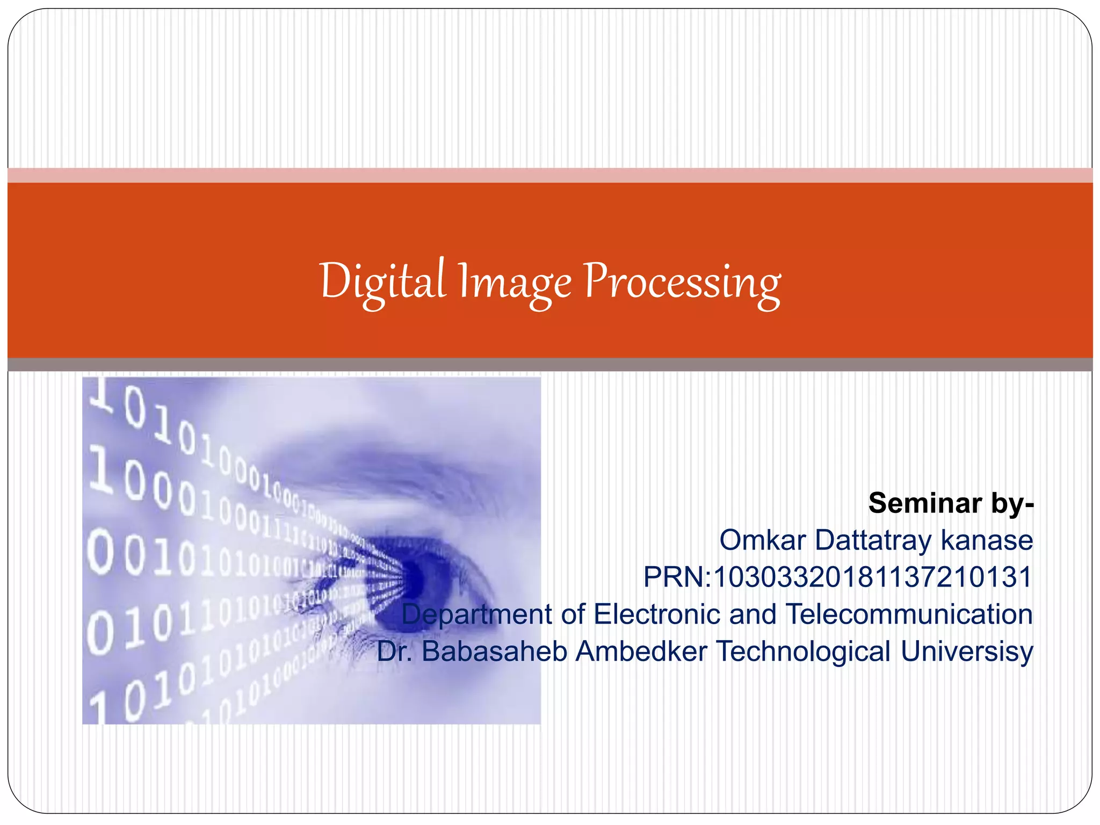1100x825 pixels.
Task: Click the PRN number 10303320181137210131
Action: coord(873,577)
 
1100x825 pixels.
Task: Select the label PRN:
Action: coord(677,577)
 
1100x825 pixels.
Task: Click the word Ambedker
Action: coord(641,651)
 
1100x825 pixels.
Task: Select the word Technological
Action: coord(804,652)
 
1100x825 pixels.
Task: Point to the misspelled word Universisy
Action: coord(967,652)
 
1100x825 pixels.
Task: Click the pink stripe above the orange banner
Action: coord(550,175)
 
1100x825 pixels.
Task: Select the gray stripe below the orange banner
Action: coord(550,365)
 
